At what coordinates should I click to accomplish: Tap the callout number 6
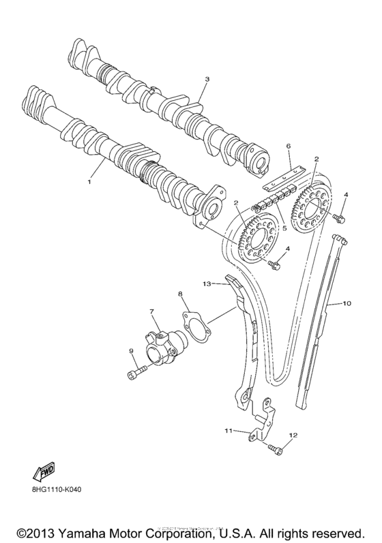pos(288,146)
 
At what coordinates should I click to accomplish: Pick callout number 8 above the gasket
pos(181,294)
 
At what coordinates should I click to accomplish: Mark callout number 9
pos(131,352)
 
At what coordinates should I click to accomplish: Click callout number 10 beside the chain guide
pos(347,303)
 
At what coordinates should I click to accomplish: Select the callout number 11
pos(229,430)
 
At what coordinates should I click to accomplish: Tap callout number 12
pos(294,435)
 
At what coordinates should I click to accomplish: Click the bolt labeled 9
pos(136,372)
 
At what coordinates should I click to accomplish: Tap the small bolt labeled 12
pos(274,448)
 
